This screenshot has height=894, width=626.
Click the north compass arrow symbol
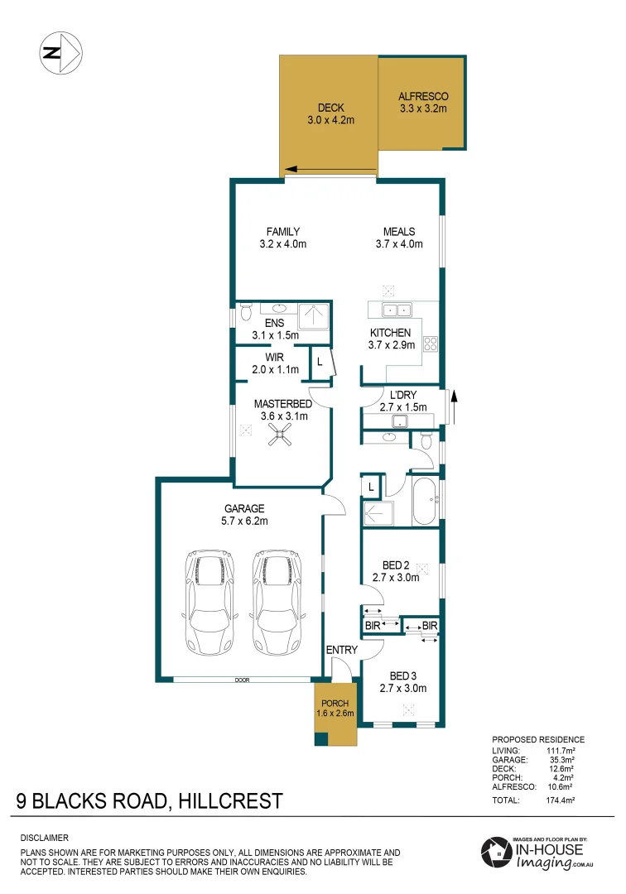[x=60, y=52]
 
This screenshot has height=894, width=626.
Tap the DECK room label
[x=330, y=108]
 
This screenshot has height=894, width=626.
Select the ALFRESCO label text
[x=422, y=95]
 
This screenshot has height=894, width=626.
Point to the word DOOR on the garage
[x=242, y=680]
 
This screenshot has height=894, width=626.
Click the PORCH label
[x=335, y=703]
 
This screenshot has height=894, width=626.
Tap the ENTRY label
[x=340, y=650]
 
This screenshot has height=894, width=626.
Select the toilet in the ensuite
[x=244, y=313]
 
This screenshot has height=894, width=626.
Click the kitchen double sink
[x=396, y=310]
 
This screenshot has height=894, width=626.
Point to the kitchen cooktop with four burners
[x=431, y=344]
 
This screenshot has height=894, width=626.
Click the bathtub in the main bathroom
[x=426, y=501]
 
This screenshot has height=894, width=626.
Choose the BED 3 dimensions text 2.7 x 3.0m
[x=402, y=688]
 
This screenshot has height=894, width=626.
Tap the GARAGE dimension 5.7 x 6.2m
[x=243, y=521]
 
